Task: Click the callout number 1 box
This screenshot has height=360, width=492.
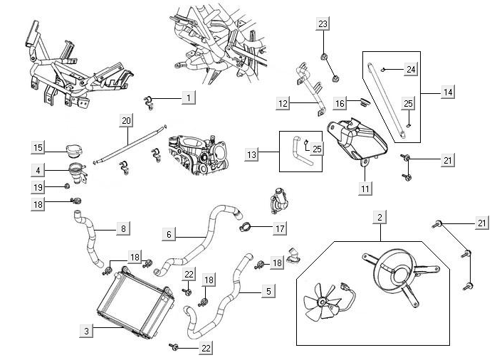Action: pos(188,97)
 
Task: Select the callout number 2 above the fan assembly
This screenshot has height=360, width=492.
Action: pos(381,216)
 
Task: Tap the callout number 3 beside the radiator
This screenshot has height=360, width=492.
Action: pos(86,331)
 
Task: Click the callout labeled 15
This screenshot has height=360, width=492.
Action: pos(39,147)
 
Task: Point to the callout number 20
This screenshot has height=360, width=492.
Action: pos(126,121)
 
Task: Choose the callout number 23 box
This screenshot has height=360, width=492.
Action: pos(323,23)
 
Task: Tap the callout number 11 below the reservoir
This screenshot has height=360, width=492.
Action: pos(364,189)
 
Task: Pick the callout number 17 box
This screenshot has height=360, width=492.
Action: pos(280,228)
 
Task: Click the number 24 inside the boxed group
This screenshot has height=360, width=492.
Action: pos(411,69)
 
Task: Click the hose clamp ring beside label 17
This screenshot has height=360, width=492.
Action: pos(244,228)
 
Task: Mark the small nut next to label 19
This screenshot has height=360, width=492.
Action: pos(68,186)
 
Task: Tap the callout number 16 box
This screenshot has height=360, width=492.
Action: pos(340,104)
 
